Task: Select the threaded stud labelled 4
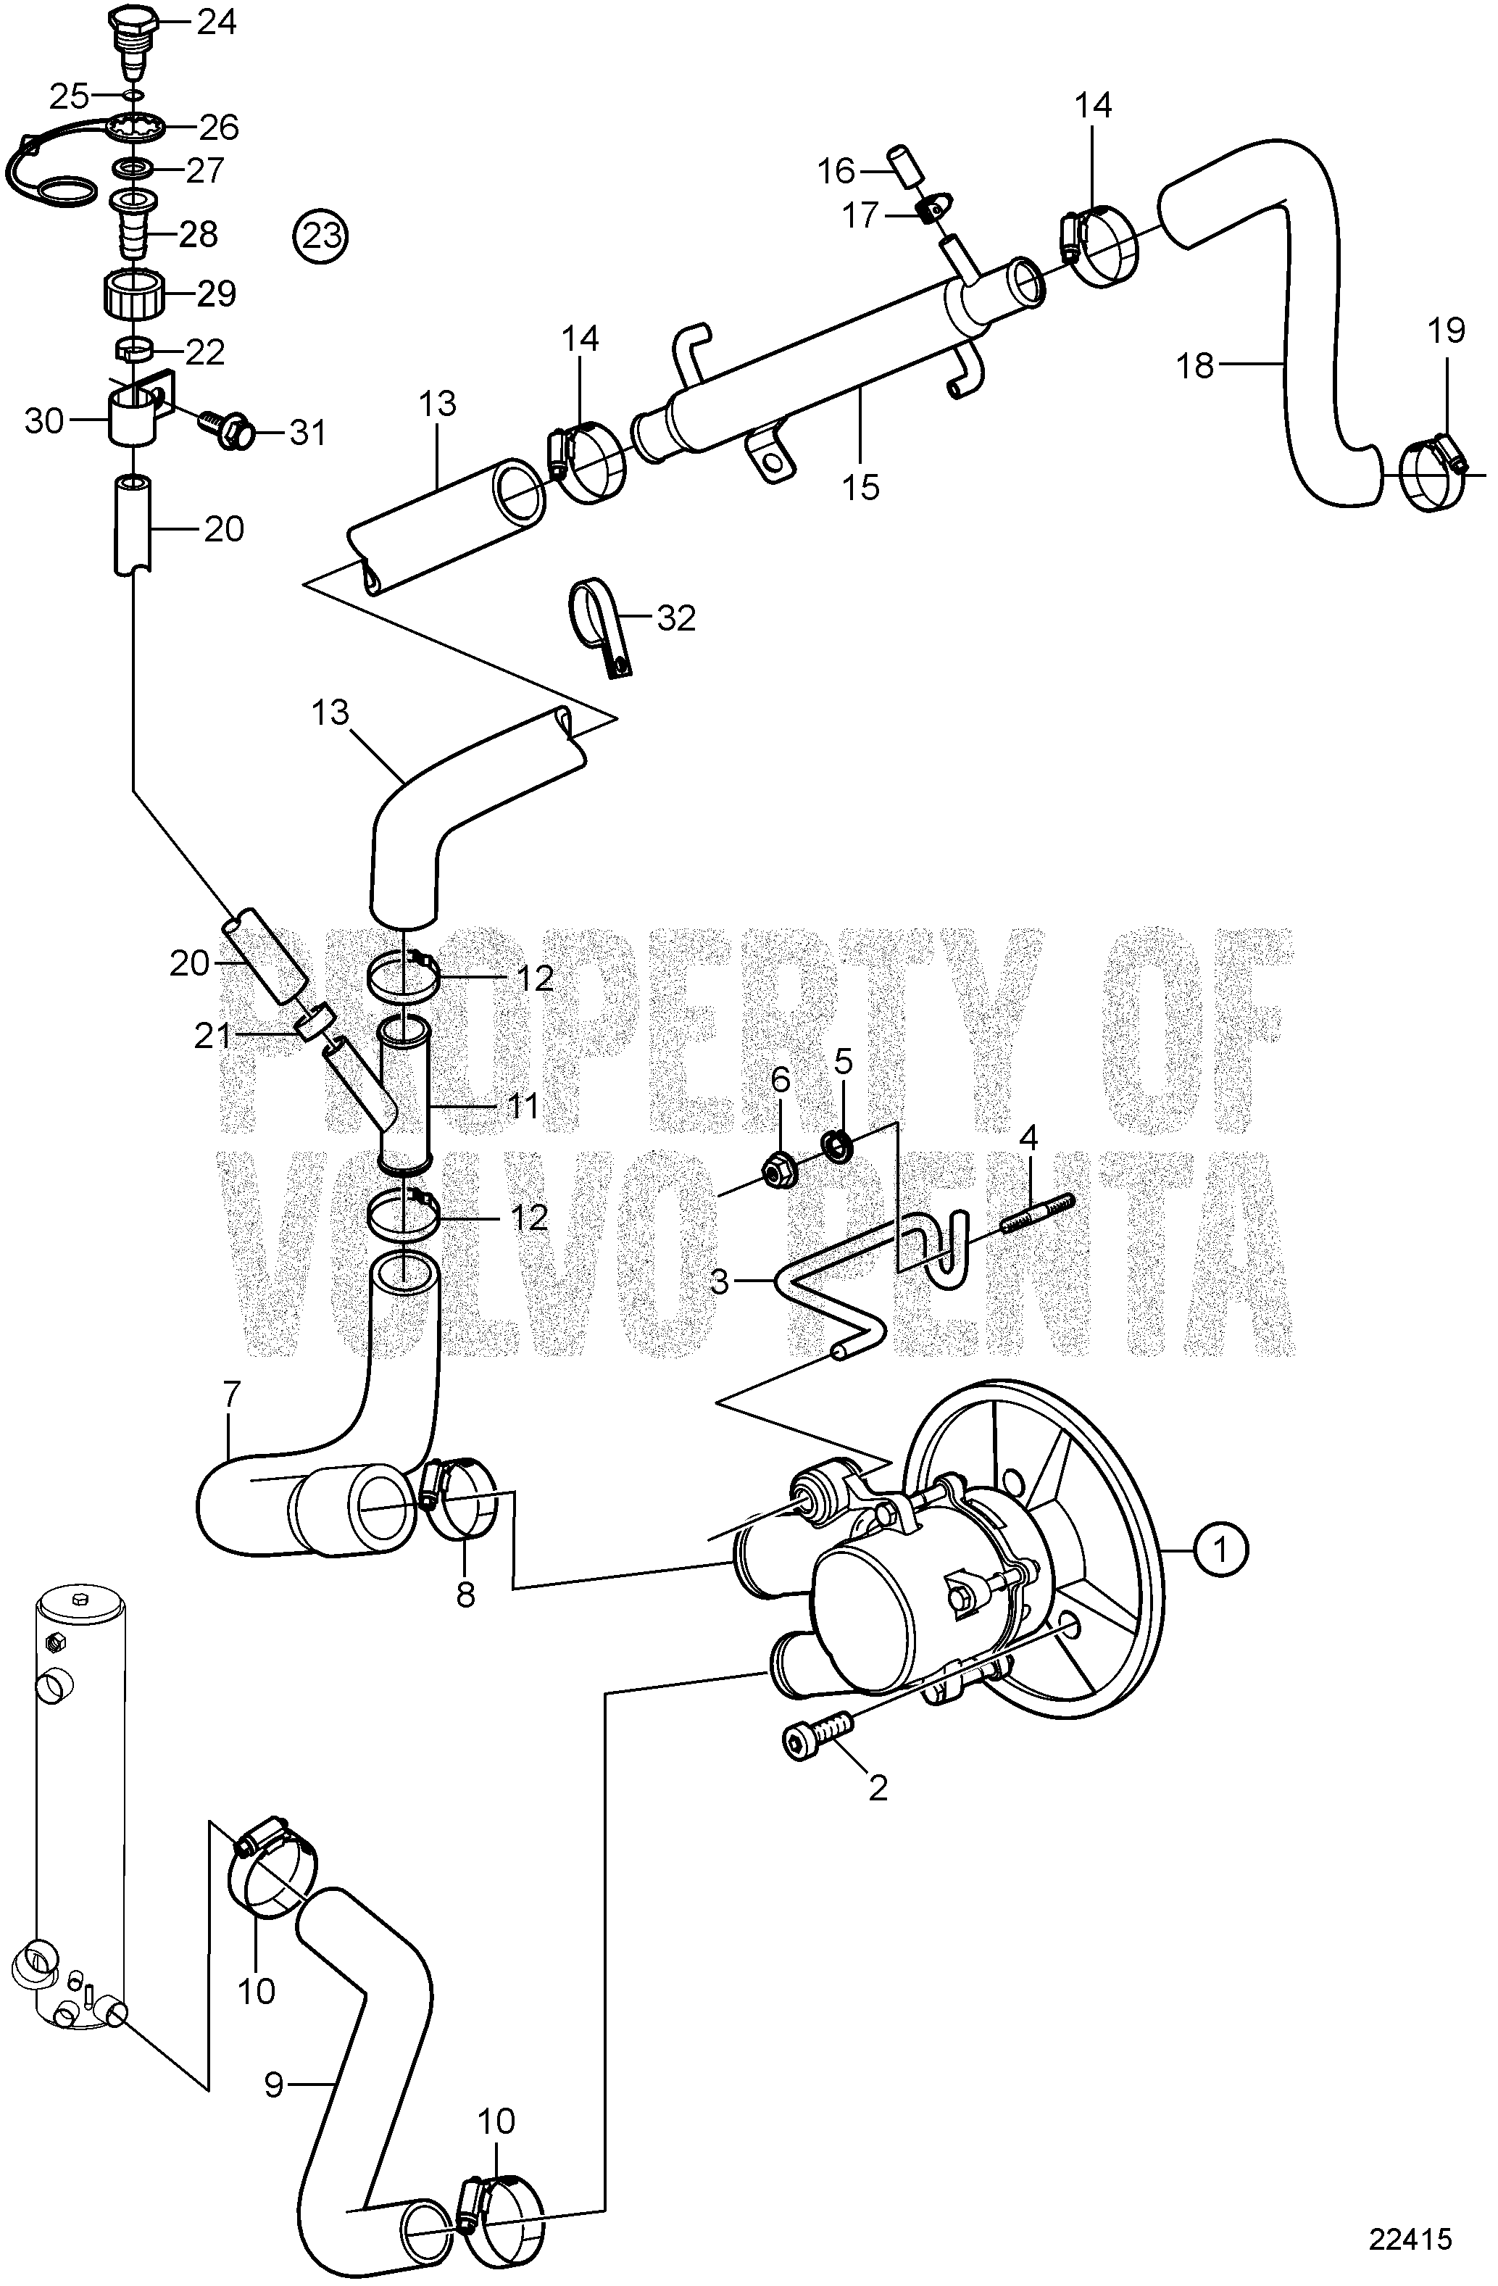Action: pos(1040,1214)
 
